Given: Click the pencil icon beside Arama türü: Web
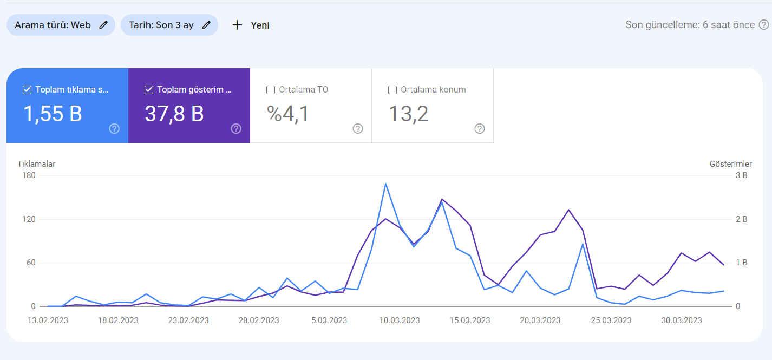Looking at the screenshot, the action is click(x=103, y=25).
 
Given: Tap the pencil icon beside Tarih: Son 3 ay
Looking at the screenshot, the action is click(x=206, y=25).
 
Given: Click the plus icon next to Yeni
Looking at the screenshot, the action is click(x=237, y=25).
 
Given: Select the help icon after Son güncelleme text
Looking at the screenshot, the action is click(x=764, y=25).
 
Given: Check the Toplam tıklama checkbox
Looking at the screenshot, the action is click(x=27, y=90).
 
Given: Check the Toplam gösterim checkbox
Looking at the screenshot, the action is click(x=148, y=90).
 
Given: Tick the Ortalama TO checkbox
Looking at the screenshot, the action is click(x=271, y=90).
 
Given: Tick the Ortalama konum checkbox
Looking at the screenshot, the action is click(x=392, y=90).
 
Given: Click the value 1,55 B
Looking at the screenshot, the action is click(x=53, y=114).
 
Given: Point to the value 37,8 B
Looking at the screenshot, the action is click(x=174, y=114).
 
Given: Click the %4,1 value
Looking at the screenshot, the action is click(x=288, y=114).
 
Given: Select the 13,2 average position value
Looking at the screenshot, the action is click(x=409, y=114).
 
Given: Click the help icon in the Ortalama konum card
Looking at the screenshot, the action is click(x=480, y=128).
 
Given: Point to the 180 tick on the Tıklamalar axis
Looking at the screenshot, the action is click(x=29, y=175).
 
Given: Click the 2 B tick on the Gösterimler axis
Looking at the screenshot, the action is click(x=741, y=219).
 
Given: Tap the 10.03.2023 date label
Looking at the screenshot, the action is click(x=400, y=320).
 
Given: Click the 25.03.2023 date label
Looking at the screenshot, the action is click(x=611, y=320).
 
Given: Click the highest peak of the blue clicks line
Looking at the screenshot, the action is click(x=385, y=184).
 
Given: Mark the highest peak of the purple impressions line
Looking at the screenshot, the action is click(x=442, y=199).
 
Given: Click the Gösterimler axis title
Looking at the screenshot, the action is click(x=731, y=164).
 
